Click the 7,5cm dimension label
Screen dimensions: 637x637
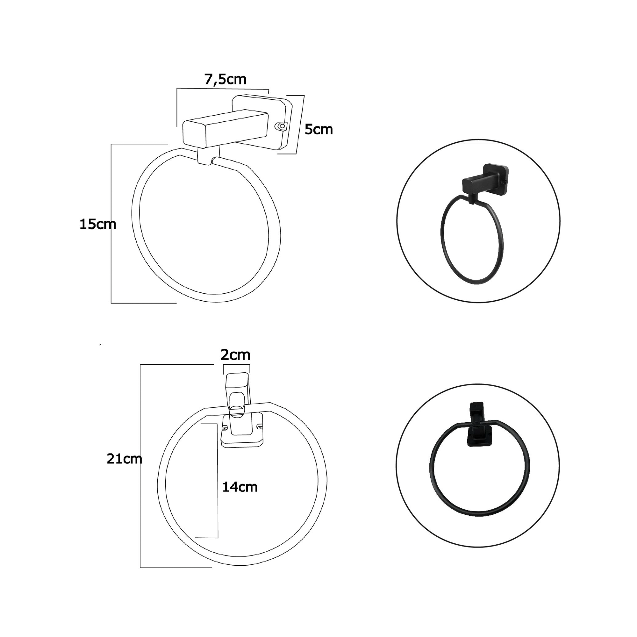click(225, 79)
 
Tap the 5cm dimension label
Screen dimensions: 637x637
click(318, 130)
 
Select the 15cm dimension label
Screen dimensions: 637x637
click(97, 225)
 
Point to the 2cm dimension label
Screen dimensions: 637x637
click(235, 355)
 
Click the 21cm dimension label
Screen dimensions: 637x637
click(124, 459)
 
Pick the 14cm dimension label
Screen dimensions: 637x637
click(240, 487)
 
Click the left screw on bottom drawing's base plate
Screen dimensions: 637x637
click(225, 429)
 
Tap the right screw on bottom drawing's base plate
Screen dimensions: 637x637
click(259, 428)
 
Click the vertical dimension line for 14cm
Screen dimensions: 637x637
click(218, 480)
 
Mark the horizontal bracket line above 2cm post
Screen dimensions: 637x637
click(236, 365)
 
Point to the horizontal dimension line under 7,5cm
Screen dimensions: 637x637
click(223, 88)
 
